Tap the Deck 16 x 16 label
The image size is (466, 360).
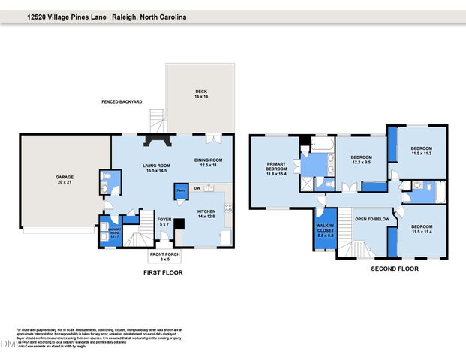click(x=200, y=94)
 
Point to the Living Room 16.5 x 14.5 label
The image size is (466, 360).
click(x=157, y=169)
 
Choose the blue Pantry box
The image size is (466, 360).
click(x=181, y=191)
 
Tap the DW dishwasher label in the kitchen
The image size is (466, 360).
click(x=197, y=188)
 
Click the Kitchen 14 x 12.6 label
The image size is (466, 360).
click(x=206, y=214)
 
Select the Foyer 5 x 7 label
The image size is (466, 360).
click(x=164, y=222)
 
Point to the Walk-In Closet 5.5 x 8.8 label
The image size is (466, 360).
click(x=325, y=232)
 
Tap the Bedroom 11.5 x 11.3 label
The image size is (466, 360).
click(x=421, y=151)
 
